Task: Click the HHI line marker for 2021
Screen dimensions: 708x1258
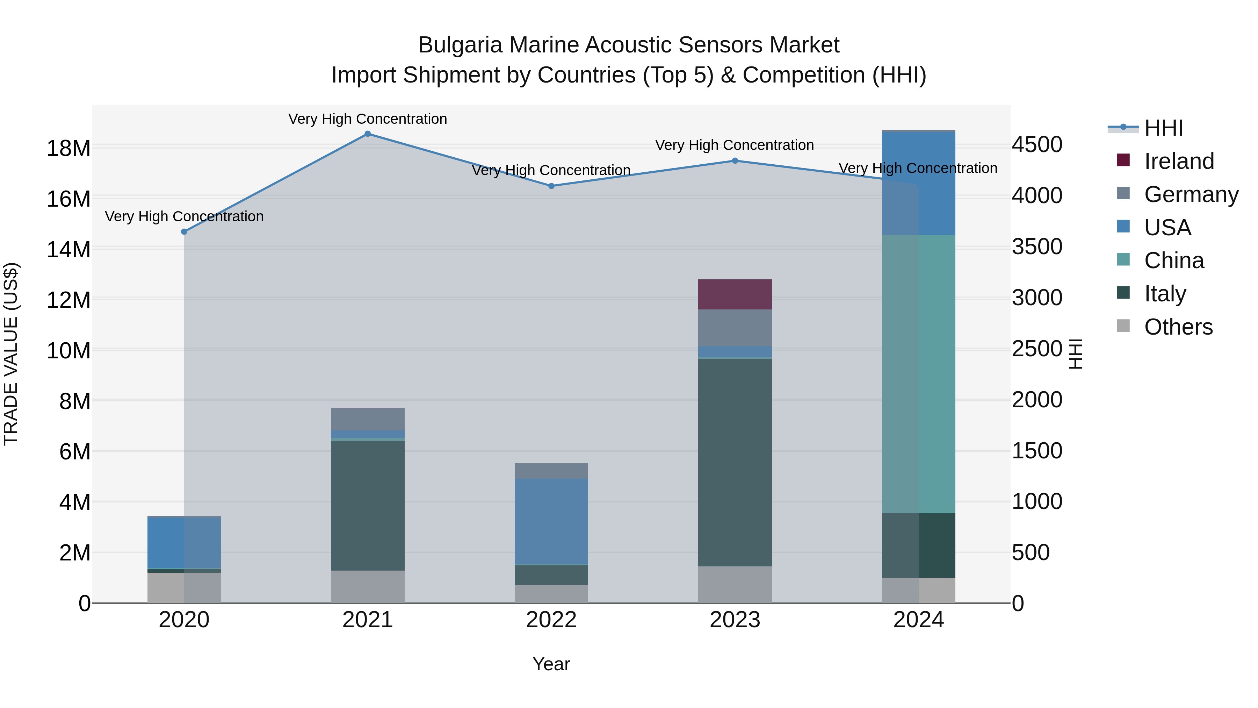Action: click(368, 134)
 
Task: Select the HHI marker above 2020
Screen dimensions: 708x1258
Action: click(184, 231)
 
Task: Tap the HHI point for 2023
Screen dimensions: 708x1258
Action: click(735, 161)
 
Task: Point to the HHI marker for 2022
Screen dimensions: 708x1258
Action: click(551, 186)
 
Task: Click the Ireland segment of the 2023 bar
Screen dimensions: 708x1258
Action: click(735, 294)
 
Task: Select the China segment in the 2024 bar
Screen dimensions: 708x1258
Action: click(919, 374)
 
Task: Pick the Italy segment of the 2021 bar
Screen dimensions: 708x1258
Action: click(368, 505)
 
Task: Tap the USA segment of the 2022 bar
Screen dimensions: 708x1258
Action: click(551, 521)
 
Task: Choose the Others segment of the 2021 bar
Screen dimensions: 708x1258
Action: click(368, 586)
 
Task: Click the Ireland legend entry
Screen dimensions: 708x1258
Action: click(1179, 161)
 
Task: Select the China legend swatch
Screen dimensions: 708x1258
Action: click(1123, 259)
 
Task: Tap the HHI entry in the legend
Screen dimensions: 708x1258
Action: click(1163, 128)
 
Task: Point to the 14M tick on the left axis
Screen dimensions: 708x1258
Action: click(68, 250)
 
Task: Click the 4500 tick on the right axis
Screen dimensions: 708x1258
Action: click(1037, 145)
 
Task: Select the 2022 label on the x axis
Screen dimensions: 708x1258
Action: click(551, 620)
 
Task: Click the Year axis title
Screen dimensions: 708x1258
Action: click(551, 664)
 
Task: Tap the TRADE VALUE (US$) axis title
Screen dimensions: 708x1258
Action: click(11, 354)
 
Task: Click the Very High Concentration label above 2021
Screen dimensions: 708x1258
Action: click(368, 119)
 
